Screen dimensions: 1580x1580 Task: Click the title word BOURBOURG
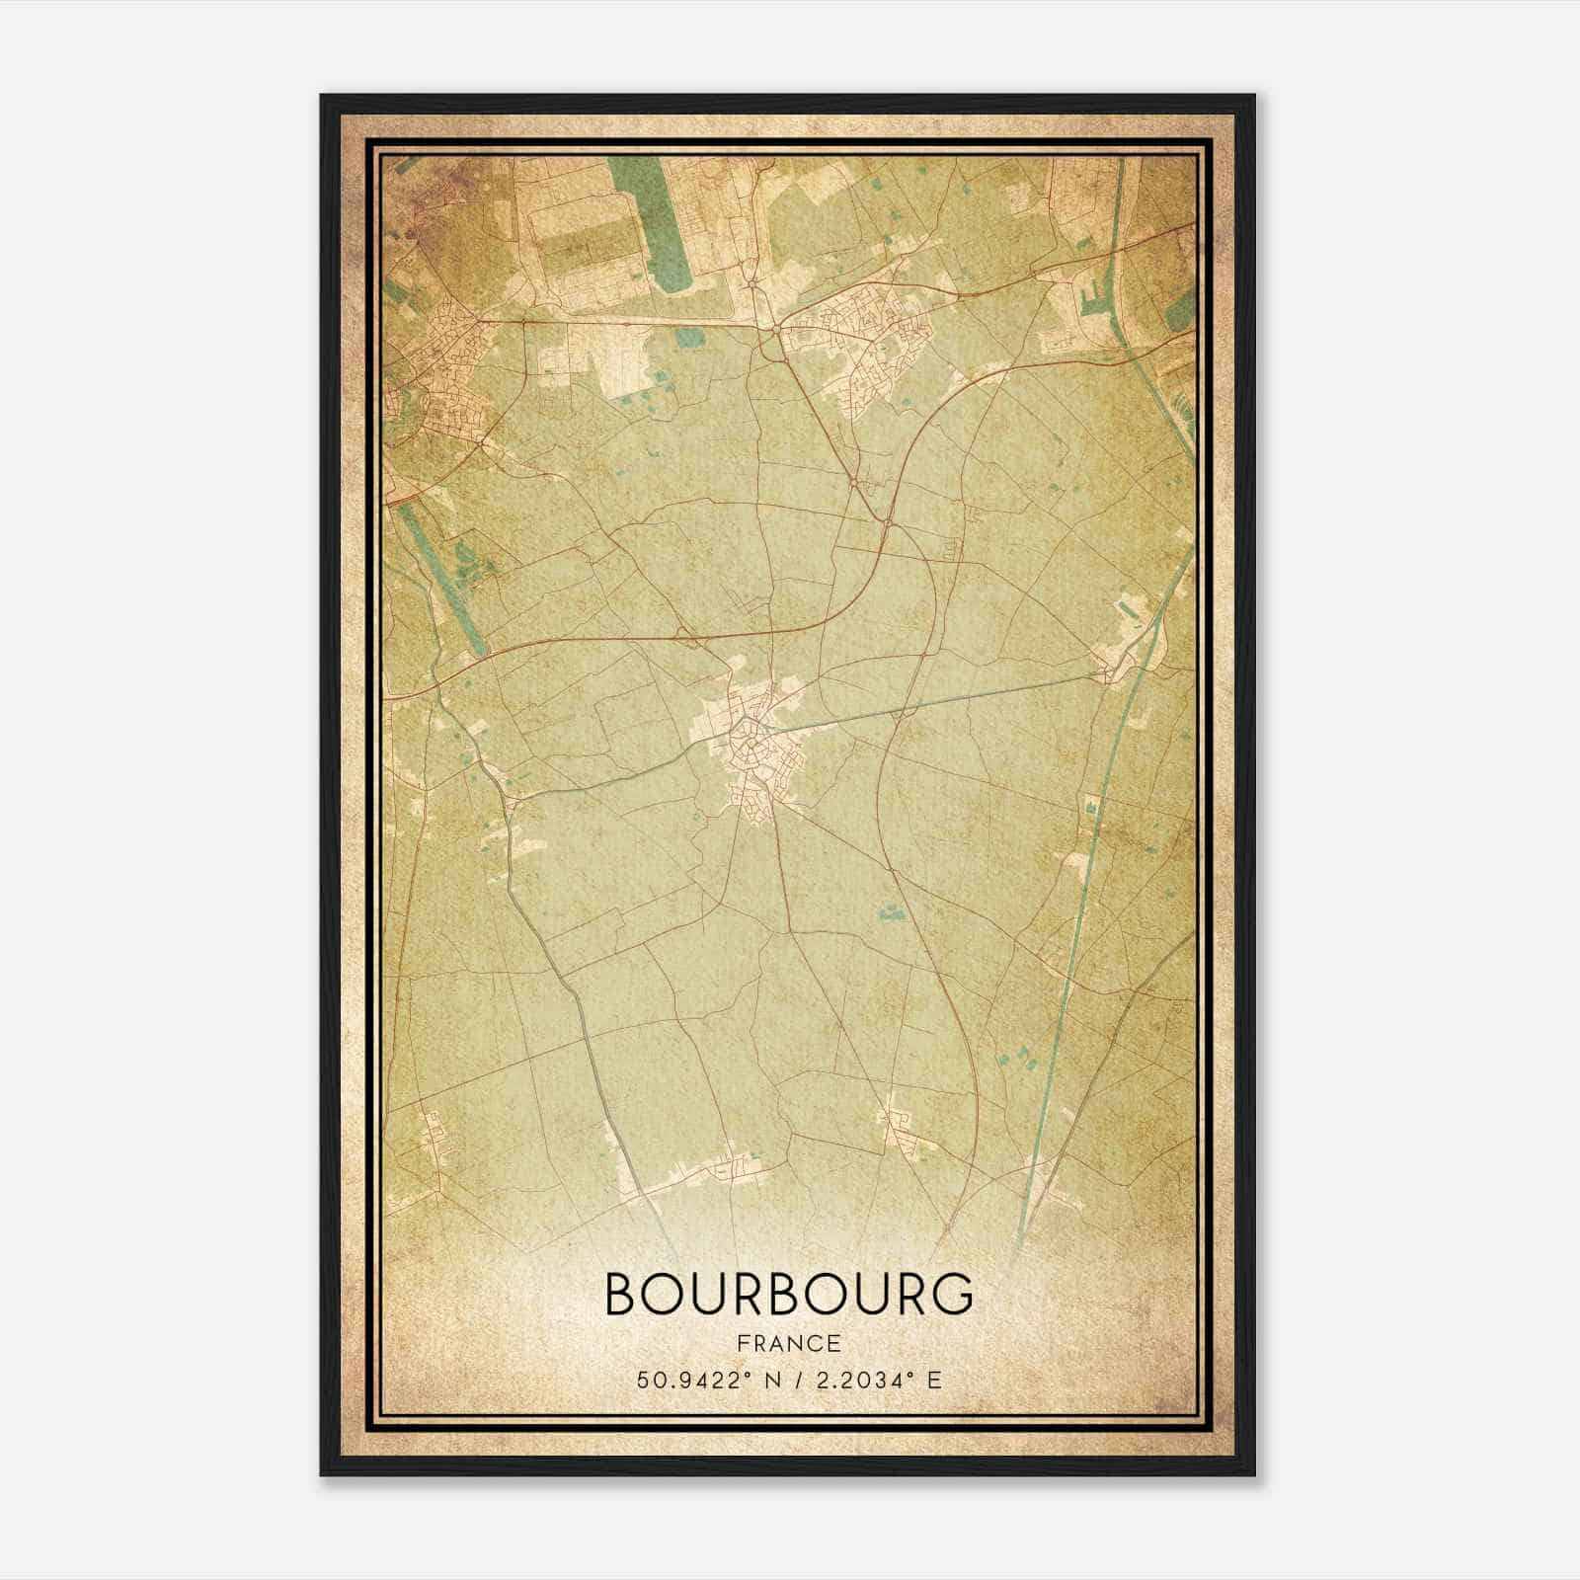[x=788, y=1295]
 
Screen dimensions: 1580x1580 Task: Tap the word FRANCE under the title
[x=788, y=1344]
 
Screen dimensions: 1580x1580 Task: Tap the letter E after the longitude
[x=934, y=1380]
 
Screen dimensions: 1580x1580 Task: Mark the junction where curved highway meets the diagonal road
[x=888, y=519]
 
